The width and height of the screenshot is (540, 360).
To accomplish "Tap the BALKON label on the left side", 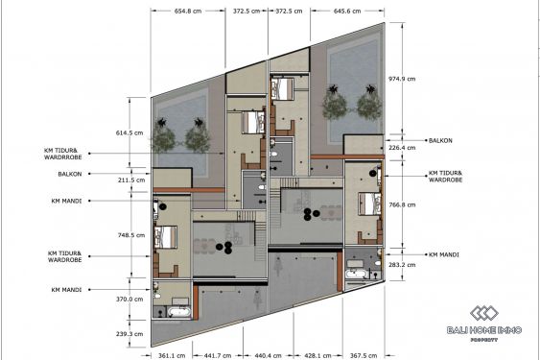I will pos(69,174).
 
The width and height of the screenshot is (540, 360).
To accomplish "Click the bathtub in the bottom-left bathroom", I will pos(177,313).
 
